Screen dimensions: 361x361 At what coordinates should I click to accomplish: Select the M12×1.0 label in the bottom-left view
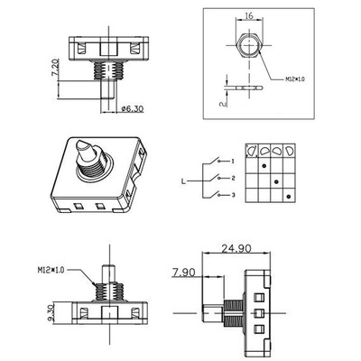coord(51,269)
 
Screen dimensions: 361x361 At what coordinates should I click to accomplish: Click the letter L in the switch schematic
coord(184,180)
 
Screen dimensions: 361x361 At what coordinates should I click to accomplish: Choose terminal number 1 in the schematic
coord(232,161)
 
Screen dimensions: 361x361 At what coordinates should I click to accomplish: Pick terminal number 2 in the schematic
coord(232,178)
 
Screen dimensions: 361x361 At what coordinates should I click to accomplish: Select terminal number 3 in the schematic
coord(232,195)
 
